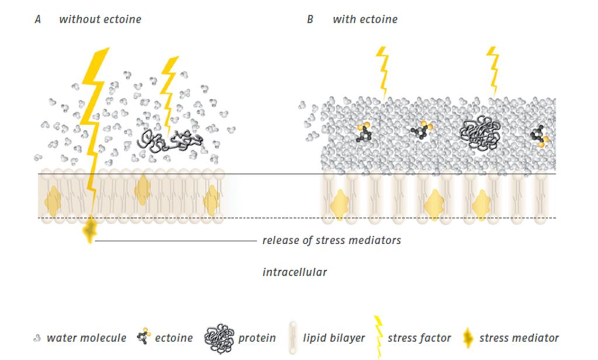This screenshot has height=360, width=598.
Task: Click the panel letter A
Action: [38, 19]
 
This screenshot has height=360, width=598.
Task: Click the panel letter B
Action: [310, 19]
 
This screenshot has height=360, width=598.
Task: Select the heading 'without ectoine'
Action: [100, 19]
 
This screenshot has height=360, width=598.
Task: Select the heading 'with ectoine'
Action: [365, 19]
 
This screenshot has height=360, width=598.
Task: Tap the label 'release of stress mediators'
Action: [331, 240]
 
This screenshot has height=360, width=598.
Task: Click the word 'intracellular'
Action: [294, 272]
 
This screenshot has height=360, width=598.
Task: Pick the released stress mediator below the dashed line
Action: [90, 230]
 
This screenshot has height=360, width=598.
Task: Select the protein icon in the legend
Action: [219, 338]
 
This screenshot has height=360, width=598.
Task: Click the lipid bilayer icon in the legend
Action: [293, 338]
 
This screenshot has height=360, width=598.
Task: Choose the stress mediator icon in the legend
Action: [467, 338]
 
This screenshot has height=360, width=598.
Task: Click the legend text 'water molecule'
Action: [86, 338]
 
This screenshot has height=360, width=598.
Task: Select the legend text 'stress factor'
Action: [419, 338]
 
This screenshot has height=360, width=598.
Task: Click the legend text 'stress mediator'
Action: [519, 338]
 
